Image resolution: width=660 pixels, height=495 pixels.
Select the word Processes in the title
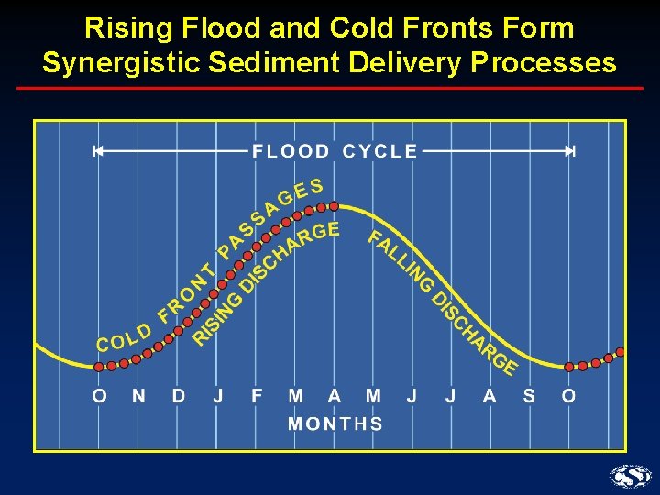[x=541, y=62]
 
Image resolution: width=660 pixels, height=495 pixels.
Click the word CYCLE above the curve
[x=379, y=151]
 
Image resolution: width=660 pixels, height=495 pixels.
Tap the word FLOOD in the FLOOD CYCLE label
[x=291, y=151]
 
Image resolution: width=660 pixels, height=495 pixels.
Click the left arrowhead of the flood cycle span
[x=96, y=151]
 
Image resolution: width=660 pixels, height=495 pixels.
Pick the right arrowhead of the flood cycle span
[x=570, y=151]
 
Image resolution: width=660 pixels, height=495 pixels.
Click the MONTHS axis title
[x=335, y=423]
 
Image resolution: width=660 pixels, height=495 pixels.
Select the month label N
[x=138, y=396]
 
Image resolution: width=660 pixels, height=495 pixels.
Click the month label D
[x=179, y=396]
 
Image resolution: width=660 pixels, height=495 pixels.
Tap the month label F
[x=257, y=396]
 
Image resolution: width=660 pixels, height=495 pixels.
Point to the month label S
[x=529, y=396]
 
